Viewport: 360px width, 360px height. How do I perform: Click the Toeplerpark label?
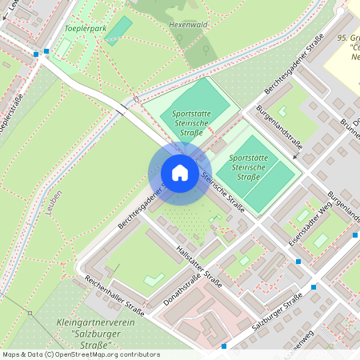(85, 28)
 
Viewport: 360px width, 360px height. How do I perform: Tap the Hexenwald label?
(188, 25)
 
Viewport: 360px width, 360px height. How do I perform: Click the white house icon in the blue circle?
(180, 173)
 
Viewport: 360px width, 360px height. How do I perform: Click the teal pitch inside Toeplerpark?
(118, 30)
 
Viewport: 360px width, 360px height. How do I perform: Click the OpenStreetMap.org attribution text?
(104, 354)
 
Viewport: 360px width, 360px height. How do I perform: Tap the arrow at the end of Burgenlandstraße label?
(294, 157)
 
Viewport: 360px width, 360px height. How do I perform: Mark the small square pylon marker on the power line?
(30, 313)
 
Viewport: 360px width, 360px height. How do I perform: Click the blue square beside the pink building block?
(224, 346)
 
